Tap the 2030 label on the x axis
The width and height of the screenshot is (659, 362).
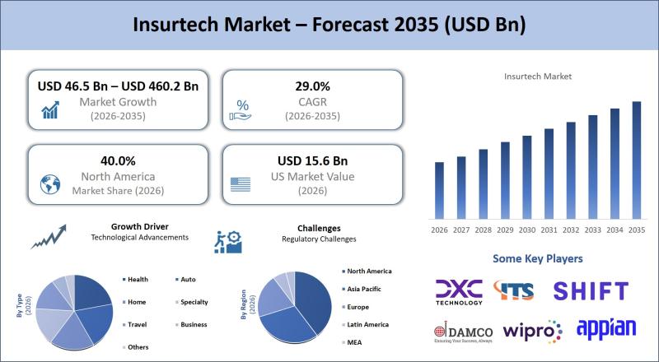tap(527, 230)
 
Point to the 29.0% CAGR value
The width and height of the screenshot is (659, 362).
tap(312, 86)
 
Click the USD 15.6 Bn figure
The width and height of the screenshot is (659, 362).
tap(312, 160)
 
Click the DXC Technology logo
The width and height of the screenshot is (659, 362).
tap(460, 290)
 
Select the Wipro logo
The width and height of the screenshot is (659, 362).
tap(532, 331)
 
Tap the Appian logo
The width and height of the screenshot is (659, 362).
tap(606, 328)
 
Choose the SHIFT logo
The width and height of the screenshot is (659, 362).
tap(590, 290)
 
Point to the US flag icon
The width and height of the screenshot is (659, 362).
tap(241, 183)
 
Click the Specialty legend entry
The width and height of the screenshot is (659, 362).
tap(194, 302)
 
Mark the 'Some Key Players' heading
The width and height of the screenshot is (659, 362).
tap(537, 258)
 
